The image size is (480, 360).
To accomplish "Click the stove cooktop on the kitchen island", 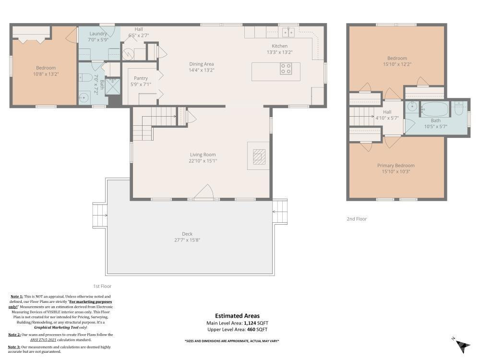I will (286, 69).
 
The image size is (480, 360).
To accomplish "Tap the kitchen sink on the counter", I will (288, 33).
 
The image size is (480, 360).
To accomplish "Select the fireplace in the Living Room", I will (259, 156).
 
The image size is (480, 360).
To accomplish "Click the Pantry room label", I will (141, 78).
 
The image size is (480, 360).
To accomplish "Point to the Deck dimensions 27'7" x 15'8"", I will (187, 240).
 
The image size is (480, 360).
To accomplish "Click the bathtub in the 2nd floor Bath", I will (435, 109).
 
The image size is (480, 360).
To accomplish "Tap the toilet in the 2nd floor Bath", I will (459, 109).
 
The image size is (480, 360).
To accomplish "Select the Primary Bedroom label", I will (396, 166).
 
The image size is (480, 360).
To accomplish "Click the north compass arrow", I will (462, 344).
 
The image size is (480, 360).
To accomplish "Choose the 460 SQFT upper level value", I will (257, 330).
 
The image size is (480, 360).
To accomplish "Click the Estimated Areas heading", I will (237, 316).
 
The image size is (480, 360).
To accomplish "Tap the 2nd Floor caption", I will (357, 219).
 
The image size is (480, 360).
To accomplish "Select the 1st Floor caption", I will (102, 286).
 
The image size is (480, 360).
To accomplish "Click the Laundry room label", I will (98, 34).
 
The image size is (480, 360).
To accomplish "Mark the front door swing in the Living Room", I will (204, 192).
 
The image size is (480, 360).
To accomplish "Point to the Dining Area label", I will (202, 64).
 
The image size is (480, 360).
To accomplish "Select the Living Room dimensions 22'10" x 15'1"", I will (203, 161).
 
